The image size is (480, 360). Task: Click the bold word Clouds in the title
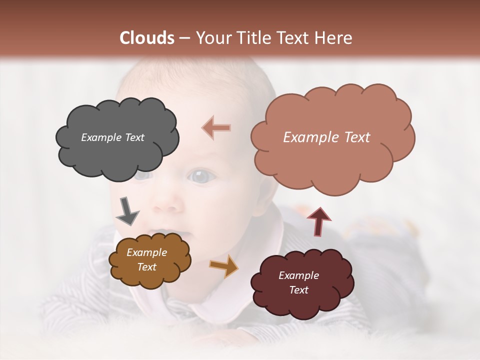[x=147, y=38]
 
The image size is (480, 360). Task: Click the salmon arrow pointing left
[x=216, y=127]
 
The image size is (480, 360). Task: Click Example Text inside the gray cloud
[x=112, y=137]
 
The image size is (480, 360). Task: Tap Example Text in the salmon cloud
[x=326, y=137]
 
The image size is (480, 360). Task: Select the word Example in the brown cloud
[x=146, y=252]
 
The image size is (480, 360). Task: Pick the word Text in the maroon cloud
[x=298, y=290]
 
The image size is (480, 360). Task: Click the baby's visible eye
[x=200, y=176]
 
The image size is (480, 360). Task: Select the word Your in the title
[x=211, y=38]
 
